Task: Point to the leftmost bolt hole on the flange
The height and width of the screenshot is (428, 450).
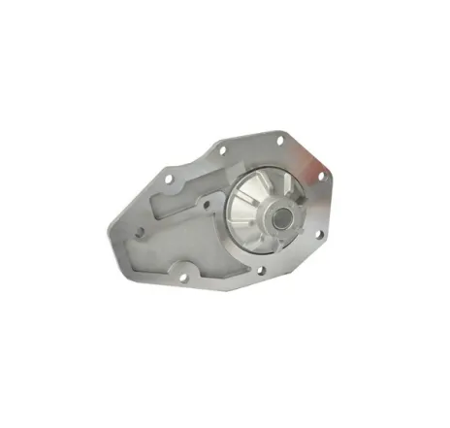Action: [x=139, y=231]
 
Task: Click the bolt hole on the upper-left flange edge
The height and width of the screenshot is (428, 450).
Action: [x=171, y=179]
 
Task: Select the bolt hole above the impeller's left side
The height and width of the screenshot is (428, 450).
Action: [x=222, y=150]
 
